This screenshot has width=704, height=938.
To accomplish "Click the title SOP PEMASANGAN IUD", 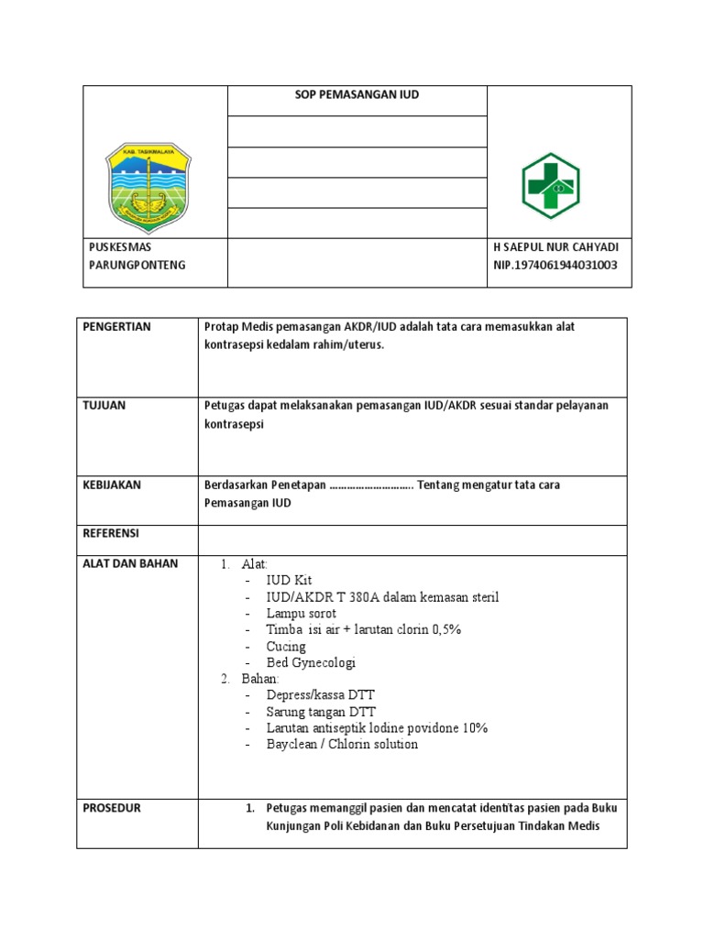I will tap(357, 94).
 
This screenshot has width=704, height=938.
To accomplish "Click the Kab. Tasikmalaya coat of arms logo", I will tap(155, 187).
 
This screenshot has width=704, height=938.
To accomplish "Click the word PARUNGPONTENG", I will tap(137, 265).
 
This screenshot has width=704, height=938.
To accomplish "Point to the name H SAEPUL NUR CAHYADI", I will tap(555, 248).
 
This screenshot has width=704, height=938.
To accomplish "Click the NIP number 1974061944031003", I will tap(555, 265).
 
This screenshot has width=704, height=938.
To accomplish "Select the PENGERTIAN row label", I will tap(117, 327).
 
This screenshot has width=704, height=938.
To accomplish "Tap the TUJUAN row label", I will tap(104, 406).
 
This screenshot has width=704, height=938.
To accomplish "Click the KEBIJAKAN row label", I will tap(112, 485).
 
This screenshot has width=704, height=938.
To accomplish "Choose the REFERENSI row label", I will tap(111, 533).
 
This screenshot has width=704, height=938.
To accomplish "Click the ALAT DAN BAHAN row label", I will tap(131, 563).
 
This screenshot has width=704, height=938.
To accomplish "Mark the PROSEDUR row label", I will tap(113, 809).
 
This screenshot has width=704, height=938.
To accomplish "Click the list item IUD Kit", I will tap(289, 581).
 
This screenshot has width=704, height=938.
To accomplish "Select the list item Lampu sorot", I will tap(301, 614).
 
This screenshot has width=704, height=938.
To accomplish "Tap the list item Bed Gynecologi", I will tap(311, 662).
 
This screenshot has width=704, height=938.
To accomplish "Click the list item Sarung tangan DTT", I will tap(321, 712).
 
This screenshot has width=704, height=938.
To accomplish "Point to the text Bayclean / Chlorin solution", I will tap(342, 744).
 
